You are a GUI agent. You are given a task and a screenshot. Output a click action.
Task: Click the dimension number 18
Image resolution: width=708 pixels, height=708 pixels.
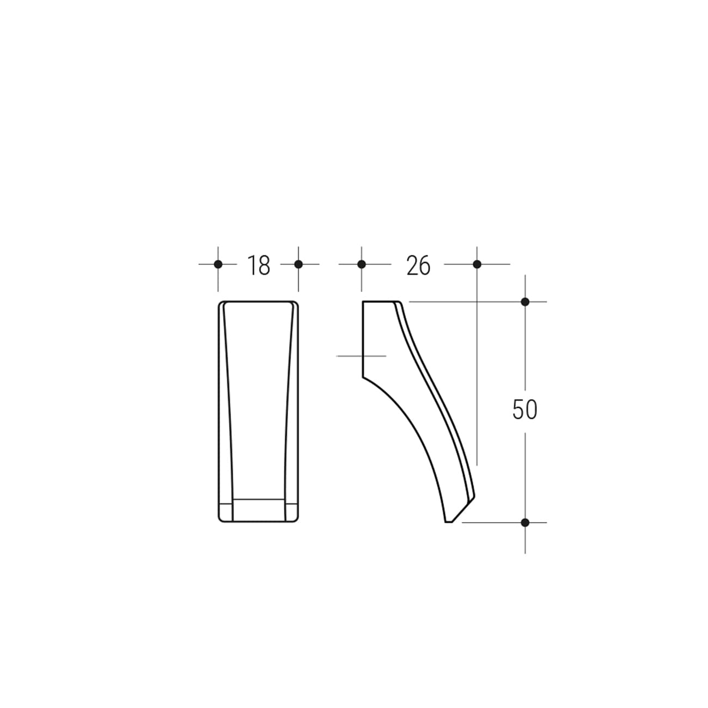tap(259, 265)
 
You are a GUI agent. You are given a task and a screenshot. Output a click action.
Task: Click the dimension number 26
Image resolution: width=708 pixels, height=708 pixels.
tap(418, 265)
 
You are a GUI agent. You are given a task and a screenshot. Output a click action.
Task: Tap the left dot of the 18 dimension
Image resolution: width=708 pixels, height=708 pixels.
tap(218, 264)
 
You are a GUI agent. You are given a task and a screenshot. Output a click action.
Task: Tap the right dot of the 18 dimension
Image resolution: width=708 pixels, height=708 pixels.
tap(298, 264)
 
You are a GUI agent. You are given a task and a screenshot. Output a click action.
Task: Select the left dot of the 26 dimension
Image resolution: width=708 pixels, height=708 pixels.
tap(362, 264)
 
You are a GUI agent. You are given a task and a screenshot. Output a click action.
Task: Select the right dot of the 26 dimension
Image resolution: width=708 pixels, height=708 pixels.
tap(477, 264)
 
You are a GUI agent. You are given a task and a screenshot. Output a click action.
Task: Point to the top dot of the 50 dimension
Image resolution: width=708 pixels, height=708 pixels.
tap(525, 302)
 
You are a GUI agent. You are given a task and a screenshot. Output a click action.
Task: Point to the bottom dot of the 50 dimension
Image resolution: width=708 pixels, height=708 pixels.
tap(525, 522)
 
